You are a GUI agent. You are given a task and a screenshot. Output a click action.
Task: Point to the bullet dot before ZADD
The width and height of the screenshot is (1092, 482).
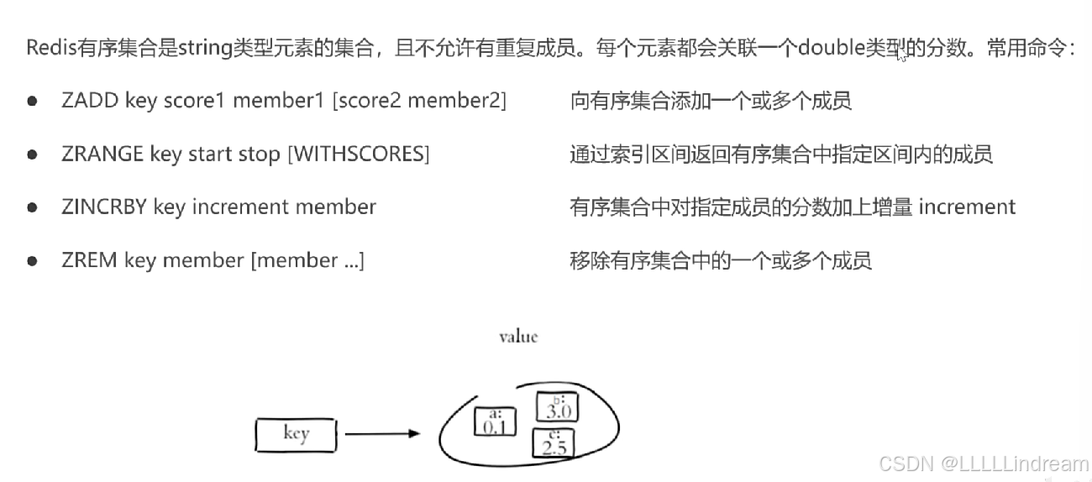(x=32, y=101)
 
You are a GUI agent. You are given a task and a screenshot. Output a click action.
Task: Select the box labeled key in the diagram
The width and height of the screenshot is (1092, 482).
(x=296, y=435)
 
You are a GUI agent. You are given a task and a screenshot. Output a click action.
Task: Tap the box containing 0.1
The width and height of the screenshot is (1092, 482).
(x=494, y=421)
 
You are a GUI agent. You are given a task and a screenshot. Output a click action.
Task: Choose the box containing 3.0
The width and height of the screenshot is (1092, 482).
(x=558, y=407)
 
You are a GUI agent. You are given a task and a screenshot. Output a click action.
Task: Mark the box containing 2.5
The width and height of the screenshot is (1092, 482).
(x=554, y=443)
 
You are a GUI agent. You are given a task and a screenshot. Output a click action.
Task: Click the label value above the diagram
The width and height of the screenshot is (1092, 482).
(x=517, y=337)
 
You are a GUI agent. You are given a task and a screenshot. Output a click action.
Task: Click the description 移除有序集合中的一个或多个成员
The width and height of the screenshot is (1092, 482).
(x=721, y=260)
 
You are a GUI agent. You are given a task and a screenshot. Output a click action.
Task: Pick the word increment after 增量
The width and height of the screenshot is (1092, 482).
(x=967, y=207)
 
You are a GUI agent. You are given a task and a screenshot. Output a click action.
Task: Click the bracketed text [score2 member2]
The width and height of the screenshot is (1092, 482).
(x=419, y=101)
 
